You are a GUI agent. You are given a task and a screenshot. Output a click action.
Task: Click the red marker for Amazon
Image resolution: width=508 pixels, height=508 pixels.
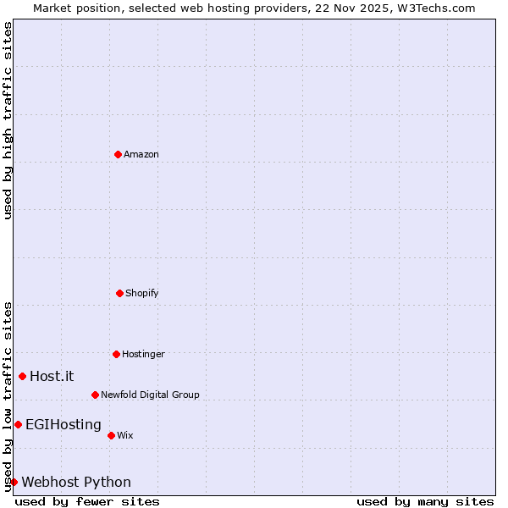pos(119,154)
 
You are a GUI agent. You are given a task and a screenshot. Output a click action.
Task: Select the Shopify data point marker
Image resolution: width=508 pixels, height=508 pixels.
pos(119,293)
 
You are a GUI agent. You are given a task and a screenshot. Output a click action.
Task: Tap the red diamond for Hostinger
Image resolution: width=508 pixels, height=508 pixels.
pos(116,354)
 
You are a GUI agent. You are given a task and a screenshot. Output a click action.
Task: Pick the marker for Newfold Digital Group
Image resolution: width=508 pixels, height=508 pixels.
pos(95,395)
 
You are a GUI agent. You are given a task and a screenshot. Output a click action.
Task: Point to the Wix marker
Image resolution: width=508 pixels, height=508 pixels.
pos(111,435)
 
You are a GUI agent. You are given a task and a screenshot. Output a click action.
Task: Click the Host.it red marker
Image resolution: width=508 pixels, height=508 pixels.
pos(22,376)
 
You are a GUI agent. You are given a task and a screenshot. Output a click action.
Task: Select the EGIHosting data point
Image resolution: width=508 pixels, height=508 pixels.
pos(18,424)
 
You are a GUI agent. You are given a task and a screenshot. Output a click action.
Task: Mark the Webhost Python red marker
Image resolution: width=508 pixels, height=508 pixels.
pos(14,482)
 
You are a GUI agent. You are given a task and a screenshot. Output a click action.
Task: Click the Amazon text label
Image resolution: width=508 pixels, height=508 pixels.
pos(141,154)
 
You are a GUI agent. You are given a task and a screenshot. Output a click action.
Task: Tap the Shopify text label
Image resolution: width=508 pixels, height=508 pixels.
pos(142,293)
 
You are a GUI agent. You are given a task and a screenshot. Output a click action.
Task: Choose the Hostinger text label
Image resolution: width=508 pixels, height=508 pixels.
pos(143,354)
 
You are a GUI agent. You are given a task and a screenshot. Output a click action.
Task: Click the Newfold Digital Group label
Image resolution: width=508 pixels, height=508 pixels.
pos(150,395)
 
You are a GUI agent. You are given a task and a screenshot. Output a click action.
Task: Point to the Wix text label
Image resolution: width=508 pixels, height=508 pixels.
pos(125,435)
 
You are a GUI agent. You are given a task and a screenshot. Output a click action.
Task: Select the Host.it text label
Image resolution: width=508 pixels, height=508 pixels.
pos(52,376)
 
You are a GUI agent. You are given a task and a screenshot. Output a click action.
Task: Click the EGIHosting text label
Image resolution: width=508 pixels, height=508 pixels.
pos(63,424)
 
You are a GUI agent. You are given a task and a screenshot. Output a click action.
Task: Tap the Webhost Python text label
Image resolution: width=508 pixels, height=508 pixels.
pos(76,482)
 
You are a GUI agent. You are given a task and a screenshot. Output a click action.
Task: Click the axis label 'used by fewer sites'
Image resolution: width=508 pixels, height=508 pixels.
pos(87,501)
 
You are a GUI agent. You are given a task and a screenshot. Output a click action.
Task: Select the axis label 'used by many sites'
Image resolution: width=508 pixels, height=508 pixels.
pos(425,501)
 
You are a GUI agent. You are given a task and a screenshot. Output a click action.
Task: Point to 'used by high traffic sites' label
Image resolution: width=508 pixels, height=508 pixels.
pos(8,120)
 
